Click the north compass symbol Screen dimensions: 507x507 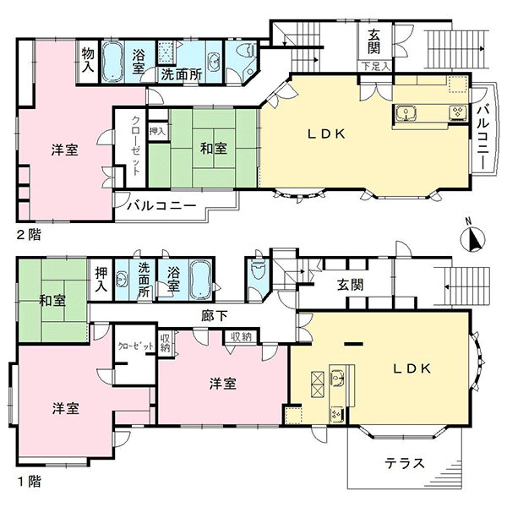[472, 238]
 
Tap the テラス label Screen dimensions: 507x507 [405, 463]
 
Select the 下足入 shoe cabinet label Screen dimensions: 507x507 [375, 67]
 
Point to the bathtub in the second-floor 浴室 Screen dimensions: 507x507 [112, 62]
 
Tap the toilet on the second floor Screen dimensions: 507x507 [246, 51]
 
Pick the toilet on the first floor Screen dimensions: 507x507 [258, 269]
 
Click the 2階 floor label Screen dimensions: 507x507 [29, 234]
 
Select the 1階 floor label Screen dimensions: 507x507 [30, 482]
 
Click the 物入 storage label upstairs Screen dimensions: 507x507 [87, 60]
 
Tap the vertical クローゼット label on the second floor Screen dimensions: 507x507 [136, 145]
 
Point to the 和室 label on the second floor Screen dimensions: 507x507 [214, 149]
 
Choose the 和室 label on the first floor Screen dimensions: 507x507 [52, 300]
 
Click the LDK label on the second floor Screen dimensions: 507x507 [326, 134]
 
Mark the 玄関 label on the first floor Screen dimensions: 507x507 [350, 285]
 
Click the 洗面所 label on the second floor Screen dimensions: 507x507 [182, 74]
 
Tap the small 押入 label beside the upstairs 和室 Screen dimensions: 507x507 [157, 131]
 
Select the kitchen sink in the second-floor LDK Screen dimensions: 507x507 [405, 113]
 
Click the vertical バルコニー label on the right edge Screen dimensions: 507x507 [482, 137]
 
